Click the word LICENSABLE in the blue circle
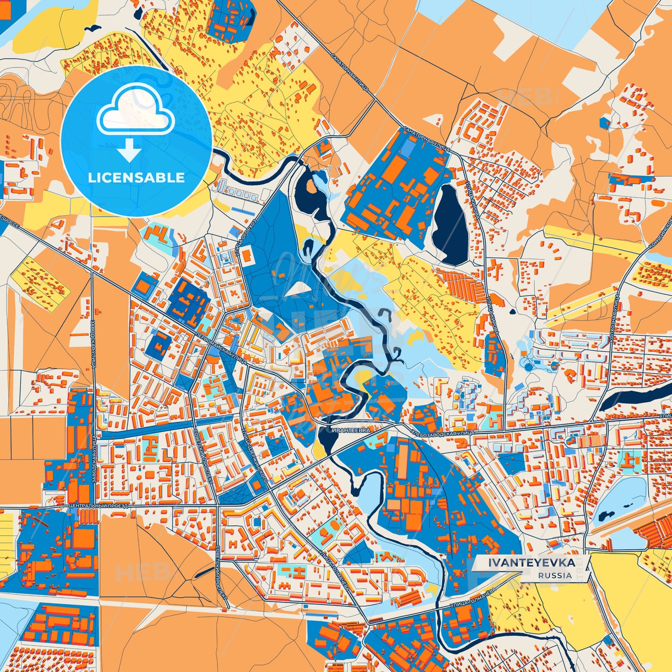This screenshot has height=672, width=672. pos(136,178)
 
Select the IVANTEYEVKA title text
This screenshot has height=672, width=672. pos(532,563)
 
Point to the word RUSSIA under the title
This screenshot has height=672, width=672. pos(555,575)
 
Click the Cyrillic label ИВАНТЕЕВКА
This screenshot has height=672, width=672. pos(352,431)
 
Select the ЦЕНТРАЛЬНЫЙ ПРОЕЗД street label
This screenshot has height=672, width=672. pos(97,505)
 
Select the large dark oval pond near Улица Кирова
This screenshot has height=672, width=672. pos(450,224)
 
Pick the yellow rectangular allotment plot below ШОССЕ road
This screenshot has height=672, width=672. pos(40,281)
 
